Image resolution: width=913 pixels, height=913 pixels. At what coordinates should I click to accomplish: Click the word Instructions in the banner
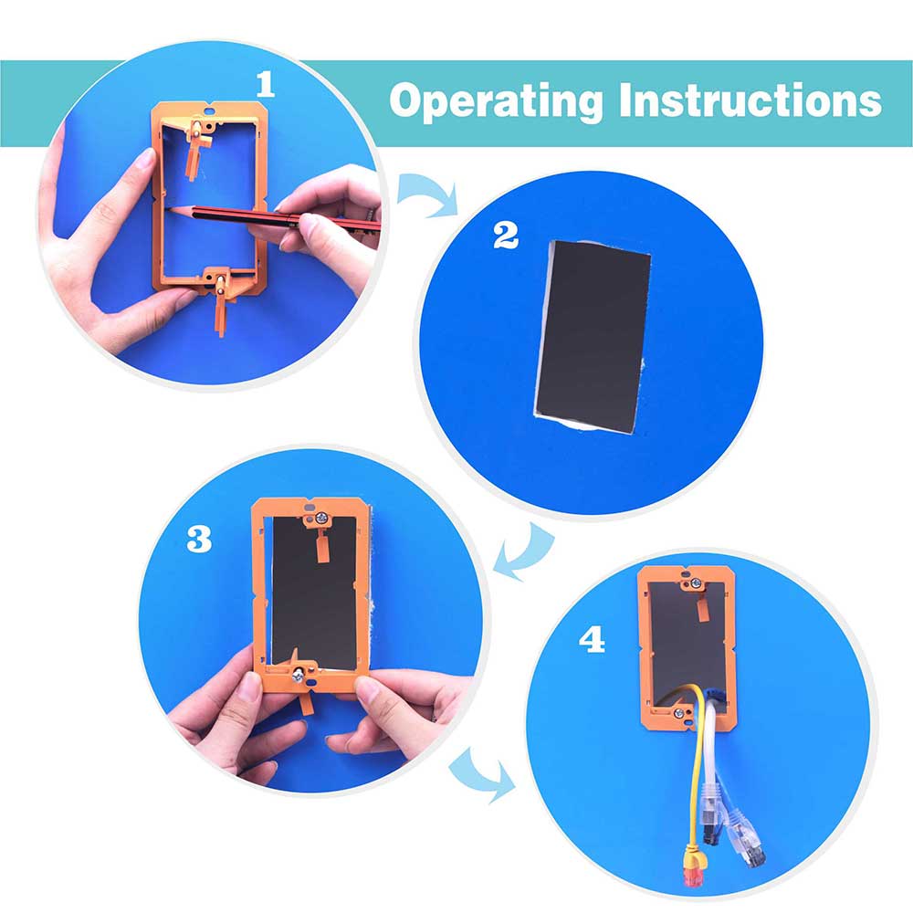(750, 100)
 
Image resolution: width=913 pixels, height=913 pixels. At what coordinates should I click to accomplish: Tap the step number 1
(266, 84)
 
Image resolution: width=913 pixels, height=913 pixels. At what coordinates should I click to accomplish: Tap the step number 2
(506, 236)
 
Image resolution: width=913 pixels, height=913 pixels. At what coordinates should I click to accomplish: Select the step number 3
(199, 539)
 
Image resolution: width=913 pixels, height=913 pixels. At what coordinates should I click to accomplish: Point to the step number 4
(592, 639)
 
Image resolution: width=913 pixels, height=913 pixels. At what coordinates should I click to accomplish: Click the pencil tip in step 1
(170, 208)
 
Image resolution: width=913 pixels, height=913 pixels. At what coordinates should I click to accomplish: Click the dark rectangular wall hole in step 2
(593, 337)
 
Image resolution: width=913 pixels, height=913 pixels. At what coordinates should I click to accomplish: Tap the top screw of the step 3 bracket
(322, 517)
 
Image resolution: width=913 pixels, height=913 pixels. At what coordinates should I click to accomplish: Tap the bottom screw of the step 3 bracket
(298, 676)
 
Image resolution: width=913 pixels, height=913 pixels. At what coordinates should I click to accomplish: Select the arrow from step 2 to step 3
(524, 552)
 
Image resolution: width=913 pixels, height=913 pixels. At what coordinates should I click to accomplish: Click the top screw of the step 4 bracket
(695, 582)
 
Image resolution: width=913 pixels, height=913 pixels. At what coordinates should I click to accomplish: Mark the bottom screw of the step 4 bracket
(678, 713)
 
